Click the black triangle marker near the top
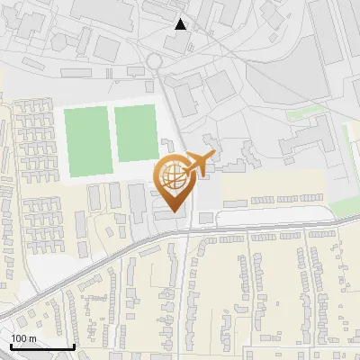[181, 24]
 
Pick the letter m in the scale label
[32, 338]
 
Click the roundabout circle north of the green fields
[154, 61]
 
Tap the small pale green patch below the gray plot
[310, 115]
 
